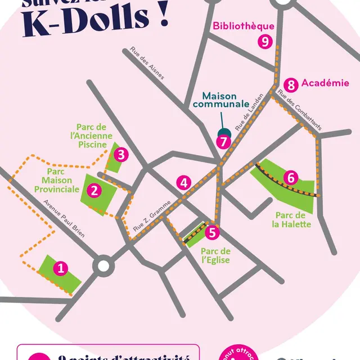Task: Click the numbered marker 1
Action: (61, 269)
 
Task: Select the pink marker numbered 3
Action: (122, 154)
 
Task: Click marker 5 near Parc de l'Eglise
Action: (211, 231)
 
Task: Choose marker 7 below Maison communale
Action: (223, 141)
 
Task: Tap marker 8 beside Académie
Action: (290, 85)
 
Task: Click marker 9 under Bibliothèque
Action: (264, 41)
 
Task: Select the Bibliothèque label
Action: (244, 26)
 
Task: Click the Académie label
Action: (325, 83)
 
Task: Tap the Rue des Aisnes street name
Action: (147, 62)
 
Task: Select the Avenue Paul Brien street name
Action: (64, 219)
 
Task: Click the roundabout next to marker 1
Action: (103, 267)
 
